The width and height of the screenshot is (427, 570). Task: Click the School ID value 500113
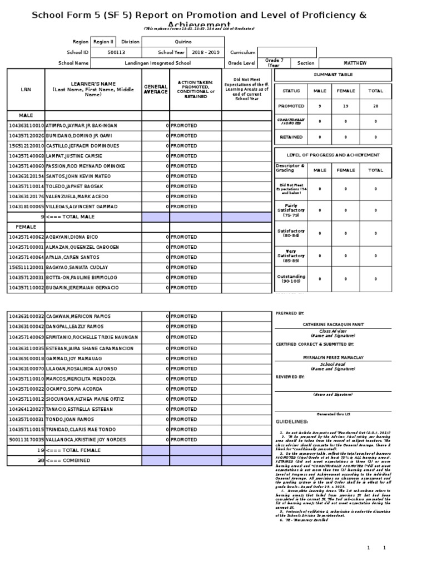point(116,52)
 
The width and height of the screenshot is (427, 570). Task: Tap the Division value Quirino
point(183,42)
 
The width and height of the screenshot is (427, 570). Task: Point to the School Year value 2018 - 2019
point(205,52)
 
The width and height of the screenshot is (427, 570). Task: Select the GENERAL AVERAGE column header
point(156,89)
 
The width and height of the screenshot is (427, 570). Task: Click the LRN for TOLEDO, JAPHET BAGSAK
point(26,186)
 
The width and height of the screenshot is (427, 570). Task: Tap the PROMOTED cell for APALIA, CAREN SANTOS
point(183,257)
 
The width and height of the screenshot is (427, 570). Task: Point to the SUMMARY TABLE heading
point(333,75)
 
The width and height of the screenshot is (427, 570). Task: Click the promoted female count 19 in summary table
point(345,106)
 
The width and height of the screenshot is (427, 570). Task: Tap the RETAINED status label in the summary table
point(291,137)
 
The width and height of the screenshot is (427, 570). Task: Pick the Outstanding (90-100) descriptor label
point(291,279)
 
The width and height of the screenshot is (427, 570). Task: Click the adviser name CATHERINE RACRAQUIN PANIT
point(332,323)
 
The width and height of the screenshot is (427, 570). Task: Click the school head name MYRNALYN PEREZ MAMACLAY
point(332,357)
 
